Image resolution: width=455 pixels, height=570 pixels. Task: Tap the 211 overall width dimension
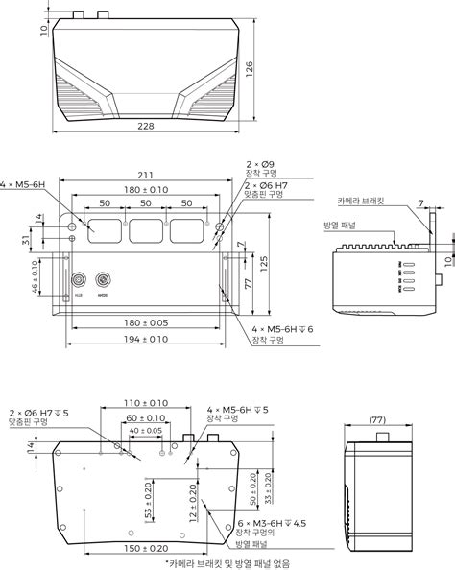coord(144,175)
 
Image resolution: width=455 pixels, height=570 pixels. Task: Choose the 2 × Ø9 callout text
coord(260,164)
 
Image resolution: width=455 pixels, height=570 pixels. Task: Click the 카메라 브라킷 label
coord(363,202)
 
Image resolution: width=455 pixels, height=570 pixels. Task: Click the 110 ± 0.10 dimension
coord(144,403)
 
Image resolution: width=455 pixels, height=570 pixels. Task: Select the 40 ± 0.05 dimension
coord(144,431)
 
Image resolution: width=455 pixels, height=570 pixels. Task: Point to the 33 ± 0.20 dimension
coord(267,486)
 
